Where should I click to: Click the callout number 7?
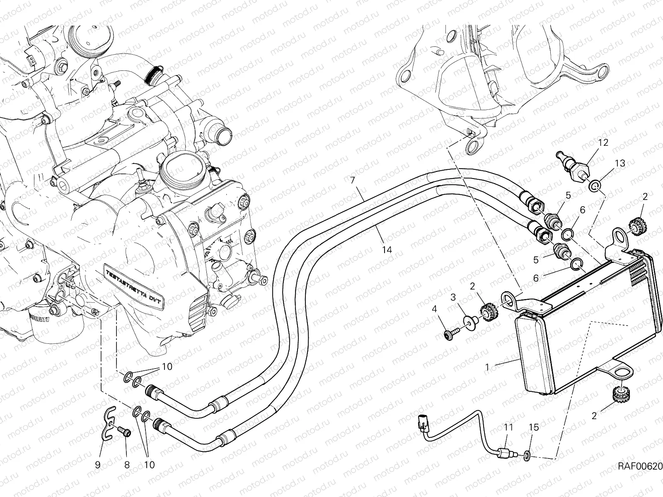tap(353, 181)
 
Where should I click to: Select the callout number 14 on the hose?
tap(387, 250)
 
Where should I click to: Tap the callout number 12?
tap(603, 142)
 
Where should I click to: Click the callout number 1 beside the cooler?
tap(487, 367)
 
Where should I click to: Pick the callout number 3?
tap(453, 297)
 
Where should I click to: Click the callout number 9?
tap(98, 465)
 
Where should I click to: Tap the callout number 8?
tap(127, 465)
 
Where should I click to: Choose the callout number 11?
tap(508, 427)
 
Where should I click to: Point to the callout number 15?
tap(534, 427)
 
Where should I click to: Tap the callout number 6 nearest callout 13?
tap(582, 210)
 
